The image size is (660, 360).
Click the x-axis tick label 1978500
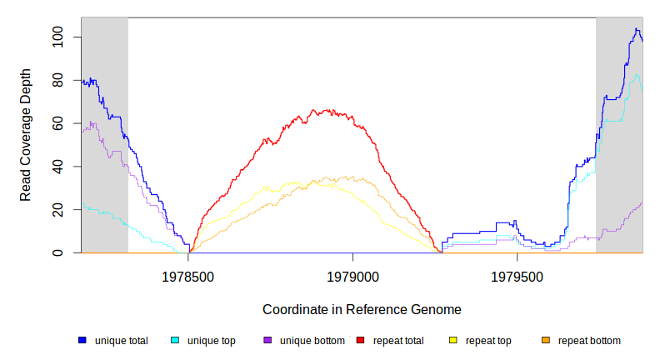187,274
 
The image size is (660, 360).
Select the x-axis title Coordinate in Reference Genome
362,309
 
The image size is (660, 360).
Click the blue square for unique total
82,340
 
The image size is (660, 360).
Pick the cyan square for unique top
175,340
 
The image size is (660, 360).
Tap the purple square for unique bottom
267,340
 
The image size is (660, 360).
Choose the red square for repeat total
361,340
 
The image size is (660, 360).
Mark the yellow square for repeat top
453,340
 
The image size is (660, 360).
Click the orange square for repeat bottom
546,340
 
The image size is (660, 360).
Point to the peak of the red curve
313,109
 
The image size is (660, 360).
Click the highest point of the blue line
636,29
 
